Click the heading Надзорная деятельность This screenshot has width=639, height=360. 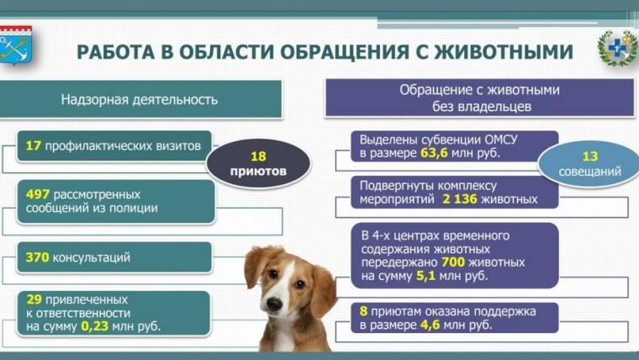[140, 99]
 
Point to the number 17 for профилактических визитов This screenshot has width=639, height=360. [34, 146]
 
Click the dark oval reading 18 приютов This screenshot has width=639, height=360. [259, 163]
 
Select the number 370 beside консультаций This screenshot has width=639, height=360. [37, 257]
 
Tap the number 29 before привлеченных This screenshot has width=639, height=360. [34, 299]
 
